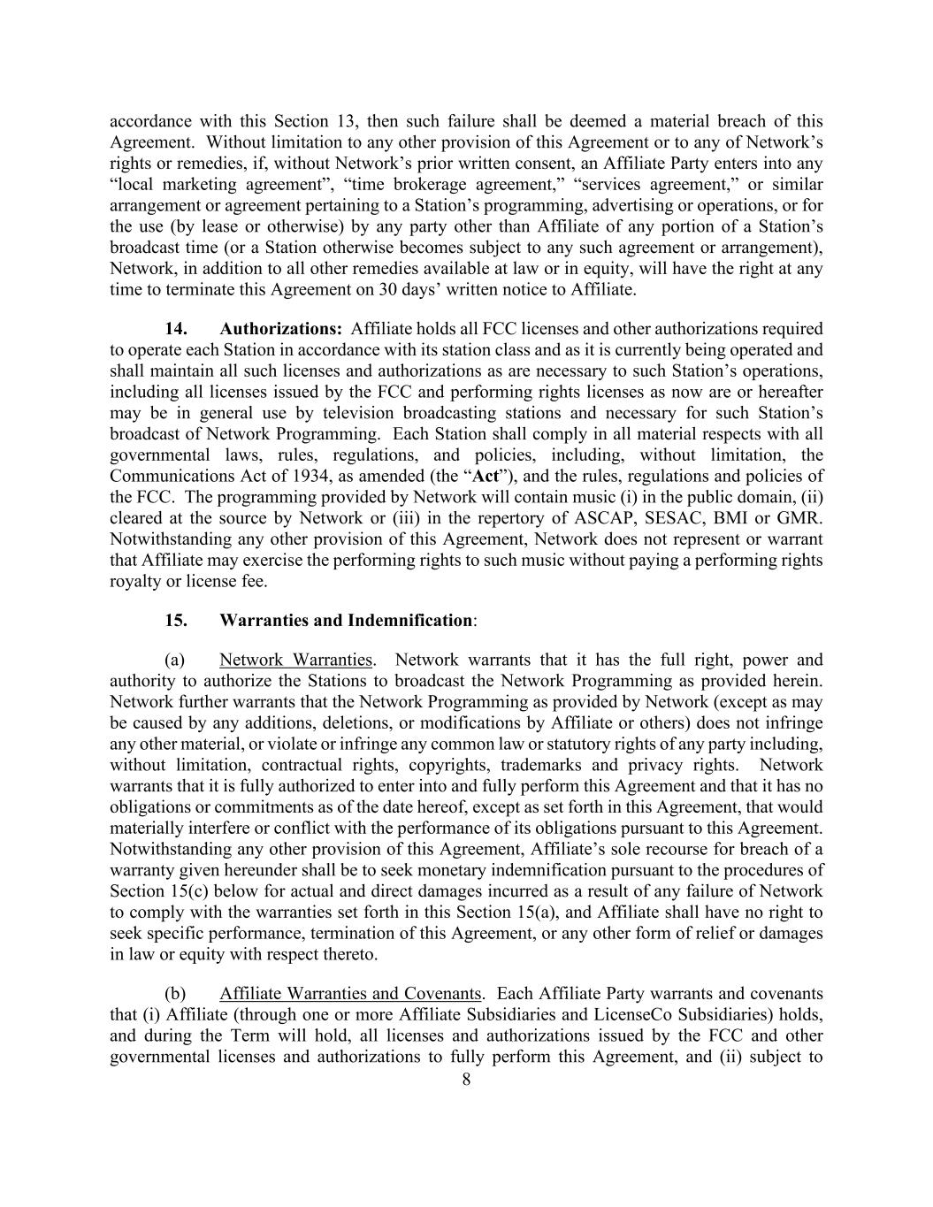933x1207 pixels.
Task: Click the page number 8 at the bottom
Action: [466, 1079]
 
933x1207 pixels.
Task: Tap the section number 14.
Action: [175, 329]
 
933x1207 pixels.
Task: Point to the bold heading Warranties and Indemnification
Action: [346, 620]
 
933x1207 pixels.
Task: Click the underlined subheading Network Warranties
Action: [295, 660]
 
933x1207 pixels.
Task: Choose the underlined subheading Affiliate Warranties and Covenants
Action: [350, 994]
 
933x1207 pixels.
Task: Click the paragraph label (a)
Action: [174, 660]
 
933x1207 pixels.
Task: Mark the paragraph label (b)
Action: [174, 994]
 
